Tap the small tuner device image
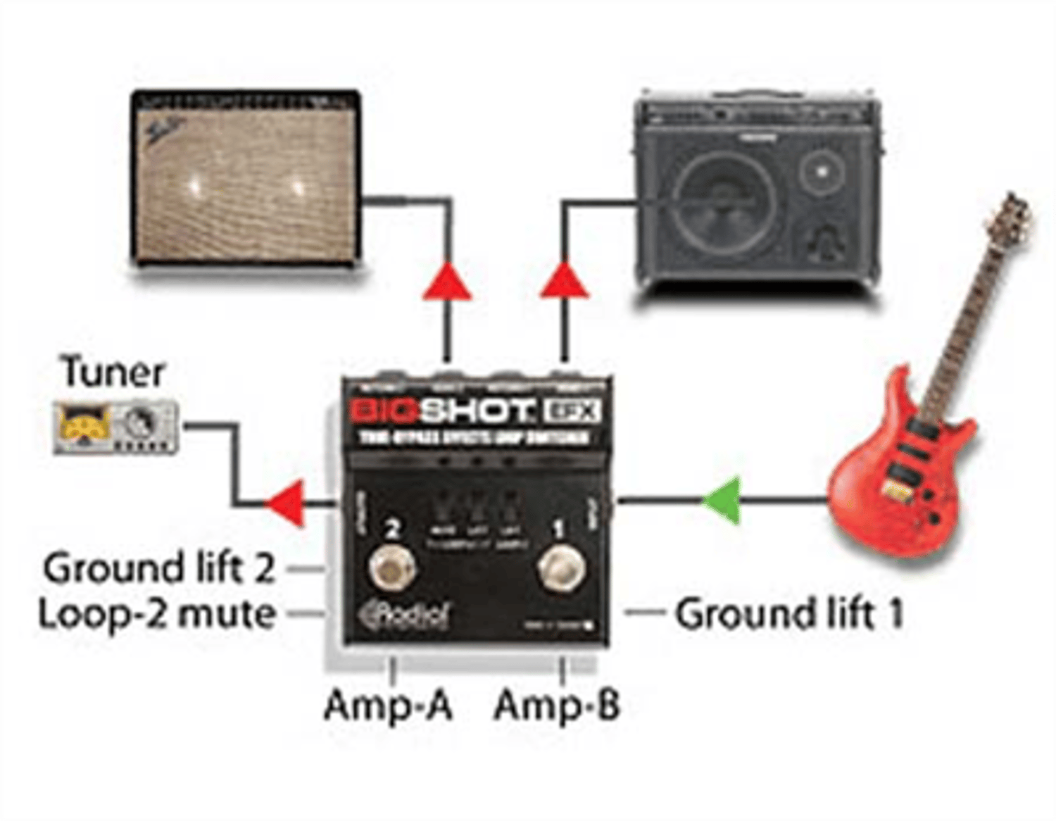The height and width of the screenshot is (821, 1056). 116,426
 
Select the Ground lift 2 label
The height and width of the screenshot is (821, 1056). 158,568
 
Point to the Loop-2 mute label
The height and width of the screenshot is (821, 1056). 156,614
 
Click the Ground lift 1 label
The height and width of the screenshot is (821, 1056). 788,614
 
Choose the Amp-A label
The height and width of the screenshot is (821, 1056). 388,705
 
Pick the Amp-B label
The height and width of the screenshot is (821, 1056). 557,705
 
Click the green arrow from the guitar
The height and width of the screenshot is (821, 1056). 722,501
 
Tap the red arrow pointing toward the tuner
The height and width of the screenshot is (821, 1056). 287,503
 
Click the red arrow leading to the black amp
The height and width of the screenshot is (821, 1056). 563,282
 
